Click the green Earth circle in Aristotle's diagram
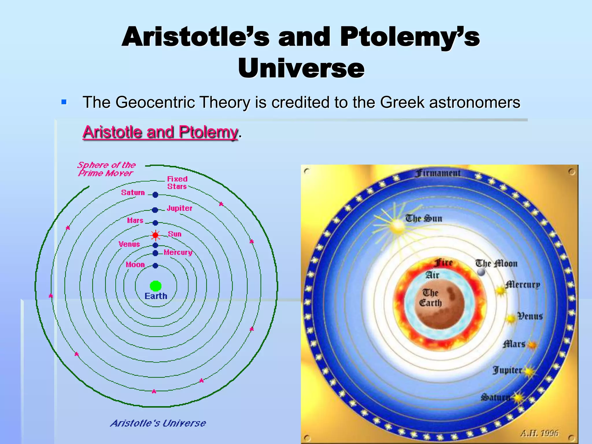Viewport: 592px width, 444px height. pos(156,286)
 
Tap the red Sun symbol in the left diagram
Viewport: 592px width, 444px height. pos(156,235)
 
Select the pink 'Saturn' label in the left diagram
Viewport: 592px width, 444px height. pos(133,193)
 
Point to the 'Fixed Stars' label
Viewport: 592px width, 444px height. pos(177,183)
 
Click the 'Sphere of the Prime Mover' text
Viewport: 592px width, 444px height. pos(106,169)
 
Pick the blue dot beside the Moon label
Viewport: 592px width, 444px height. pos(156,265)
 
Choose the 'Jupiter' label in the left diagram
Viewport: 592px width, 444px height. pos(180,208)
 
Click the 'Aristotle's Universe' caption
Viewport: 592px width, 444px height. pos(158,423)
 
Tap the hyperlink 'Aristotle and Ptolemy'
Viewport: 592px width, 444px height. pos(160,132)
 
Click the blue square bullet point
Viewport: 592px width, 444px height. pos(64,102)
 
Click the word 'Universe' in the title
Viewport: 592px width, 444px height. pos(301,68)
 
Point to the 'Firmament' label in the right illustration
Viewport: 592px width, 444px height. pos(438,173)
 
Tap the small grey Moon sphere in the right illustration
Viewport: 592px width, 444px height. pos(481,272)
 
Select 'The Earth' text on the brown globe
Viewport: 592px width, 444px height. pos(431,298)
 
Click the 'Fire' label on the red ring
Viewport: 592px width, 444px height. pos(443,262)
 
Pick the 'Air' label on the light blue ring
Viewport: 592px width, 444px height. pos(432,275)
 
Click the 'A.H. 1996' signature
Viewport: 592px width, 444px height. pos(539,433)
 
